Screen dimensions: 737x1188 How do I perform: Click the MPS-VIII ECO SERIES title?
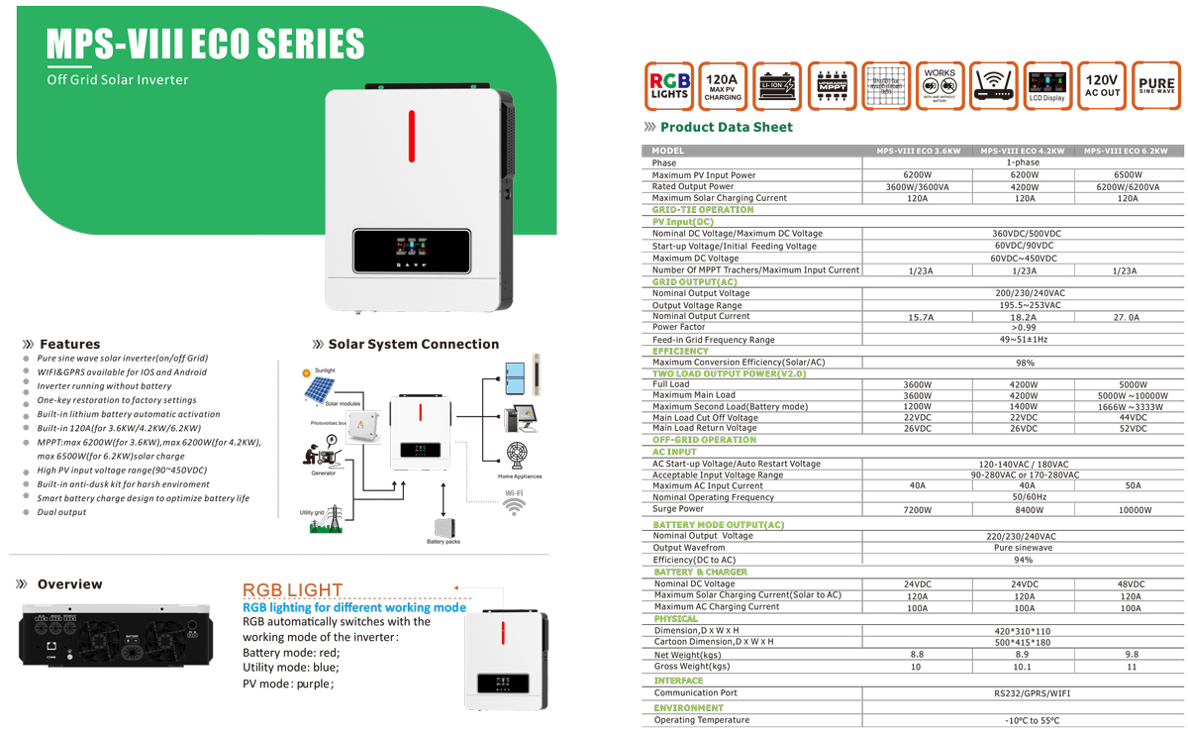pos(205,44)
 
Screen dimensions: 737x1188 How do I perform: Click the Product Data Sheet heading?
pos(726,127)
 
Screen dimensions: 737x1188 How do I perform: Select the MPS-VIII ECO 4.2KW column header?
pos(1023,152)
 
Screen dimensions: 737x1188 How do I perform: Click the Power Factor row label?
pos(679,327)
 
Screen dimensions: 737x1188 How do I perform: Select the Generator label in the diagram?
pos(324,474)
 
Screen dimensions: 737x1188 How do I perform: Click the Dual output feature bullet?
pos(61,512)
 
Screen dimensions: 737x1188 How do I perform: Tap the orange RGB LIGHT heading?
pos(293,590)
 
